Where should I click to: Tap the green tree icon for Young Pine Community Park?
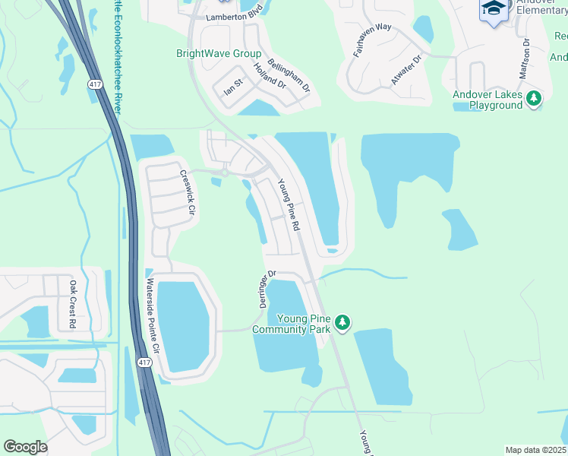342,324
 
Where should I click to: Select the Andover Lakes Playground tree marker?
535,98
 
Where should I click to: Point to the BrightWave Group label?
219,54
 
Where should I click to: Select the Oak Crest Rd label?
73,304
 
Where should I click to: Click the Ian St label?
232,89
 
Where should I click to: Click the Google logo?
25,447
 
